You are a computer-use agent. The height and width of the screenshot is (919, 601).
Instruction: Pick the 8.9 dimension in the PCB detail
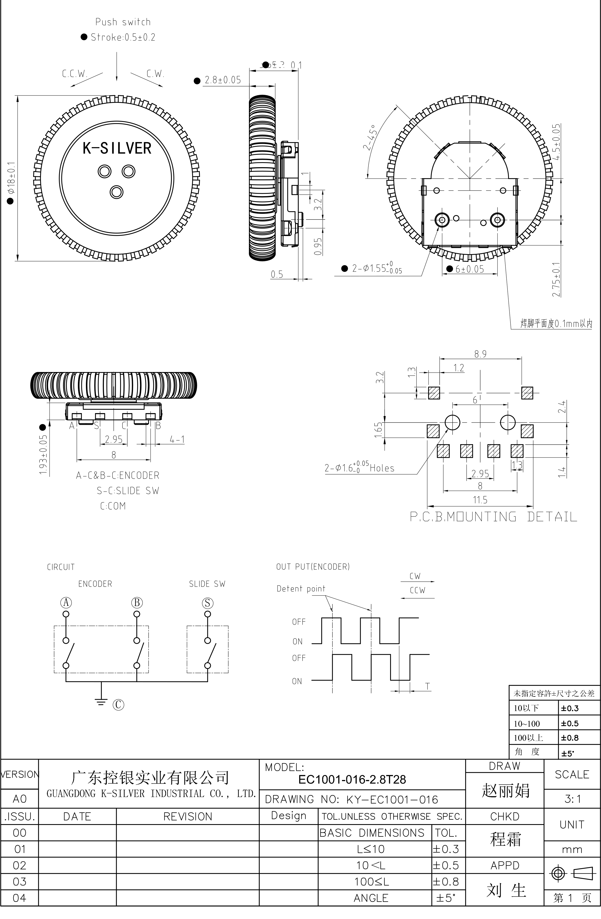[x=480, y=354]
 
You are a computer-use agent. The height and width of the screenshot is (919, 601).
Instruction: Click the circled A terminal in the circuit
[x=66, y=603]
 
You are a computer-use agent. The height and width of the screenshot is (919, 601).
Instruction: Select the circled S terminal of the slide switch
[x=208, y=603]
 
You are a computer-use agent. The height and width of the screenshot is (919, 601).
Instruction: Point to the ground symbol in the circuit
[x=101, y=702]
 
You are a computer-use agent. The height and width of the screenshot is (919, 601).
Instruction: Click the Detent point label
[x=301, y=589]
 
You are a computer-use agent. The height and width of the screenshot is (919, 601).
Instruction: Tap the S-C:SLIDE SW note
[x=128, y=491]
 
